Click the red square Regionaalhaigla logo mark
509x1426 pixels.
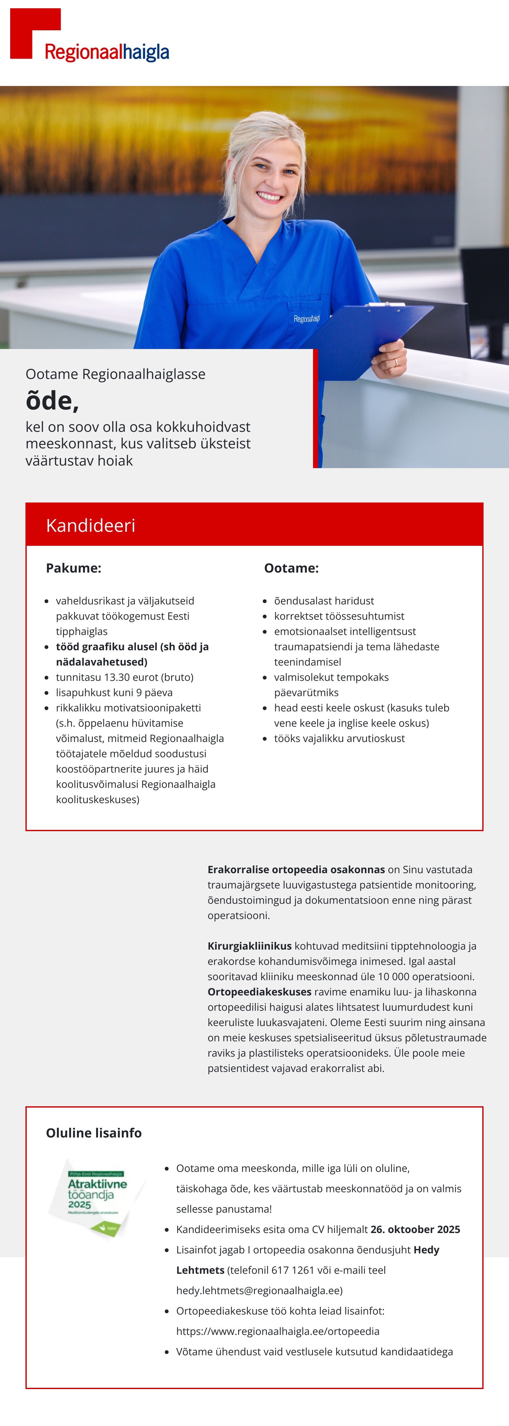click(28, 28)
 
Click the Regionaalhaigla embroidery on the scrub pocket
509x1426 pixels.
click(306, 319)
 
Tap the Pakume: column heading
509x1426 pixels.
click(73, 568)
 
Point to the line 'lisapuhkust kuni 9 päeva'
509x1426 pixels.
click(114, 693)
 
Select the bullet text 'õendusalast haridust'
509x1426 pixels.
click(324, 601)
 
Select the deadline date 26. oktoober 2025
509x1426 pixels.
click(415, 1230)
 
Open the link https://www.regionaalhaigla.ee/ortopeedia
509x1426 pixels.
click(278, 1331)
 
